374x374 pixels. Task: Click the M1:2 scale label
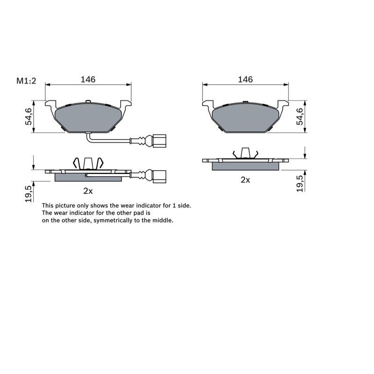(x=26, y=81)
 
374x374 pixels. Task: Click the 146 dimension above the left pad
(x=88, y=79)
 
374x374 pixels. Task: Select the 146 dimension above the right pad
(x=245, y=79)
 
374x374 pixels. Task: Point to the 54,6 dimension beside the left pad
(x=29, y=116)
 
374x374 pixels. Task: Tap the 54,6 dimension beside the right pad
(x=300, y=116)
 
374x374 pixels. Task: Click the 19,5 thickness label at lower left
(x=29, y=194)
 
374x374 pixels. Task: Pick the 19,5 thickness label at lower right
(x=300, y=183)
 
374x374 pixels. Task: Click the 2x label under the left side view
(x=88, y=191)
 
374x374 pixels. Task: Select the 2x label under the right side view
(x=245, y=180)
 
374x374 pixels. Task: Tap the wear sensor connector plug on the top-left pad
(x=159, y=141)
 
